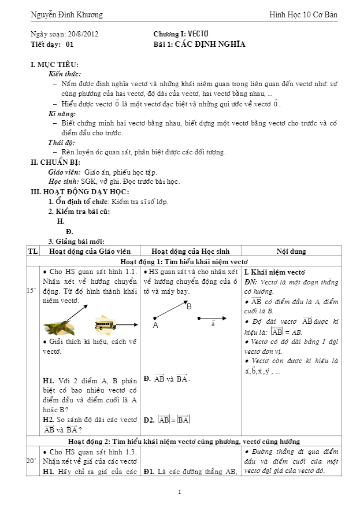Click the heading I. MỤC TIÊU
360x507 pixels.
point(54,65)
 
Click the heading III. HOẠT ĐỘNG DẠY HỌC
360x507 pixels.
point(80,191)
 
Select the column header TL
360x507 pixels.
point(33,251)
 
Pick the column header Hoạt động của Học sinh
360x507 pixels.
point(190,251)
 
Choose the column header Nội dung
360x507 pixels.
point(291,251)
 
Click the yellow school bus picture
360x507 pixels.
point(105,325)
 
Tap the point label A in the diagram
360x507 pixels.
point(155,325)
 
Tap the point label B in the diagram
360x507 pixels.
point(188,306)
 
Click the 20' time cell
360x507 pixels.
point(33,461)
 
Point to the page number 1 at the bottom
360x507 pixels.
point(180,492)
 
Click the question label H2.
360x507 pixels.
point(49,420)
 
